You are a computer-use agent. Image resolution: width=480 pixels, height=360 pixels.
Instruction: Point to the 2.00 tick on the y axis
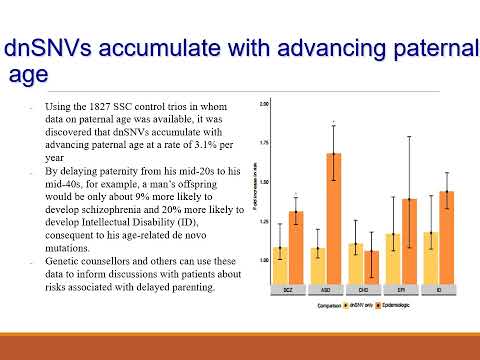tap(264, 104)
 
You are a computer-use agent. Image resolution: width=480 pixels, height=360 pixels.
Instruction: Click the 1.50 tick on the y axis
tap(264, 181)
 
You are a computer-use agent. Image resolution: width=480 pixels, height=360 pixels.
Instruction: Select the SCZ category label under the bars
tap(288, 293)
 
